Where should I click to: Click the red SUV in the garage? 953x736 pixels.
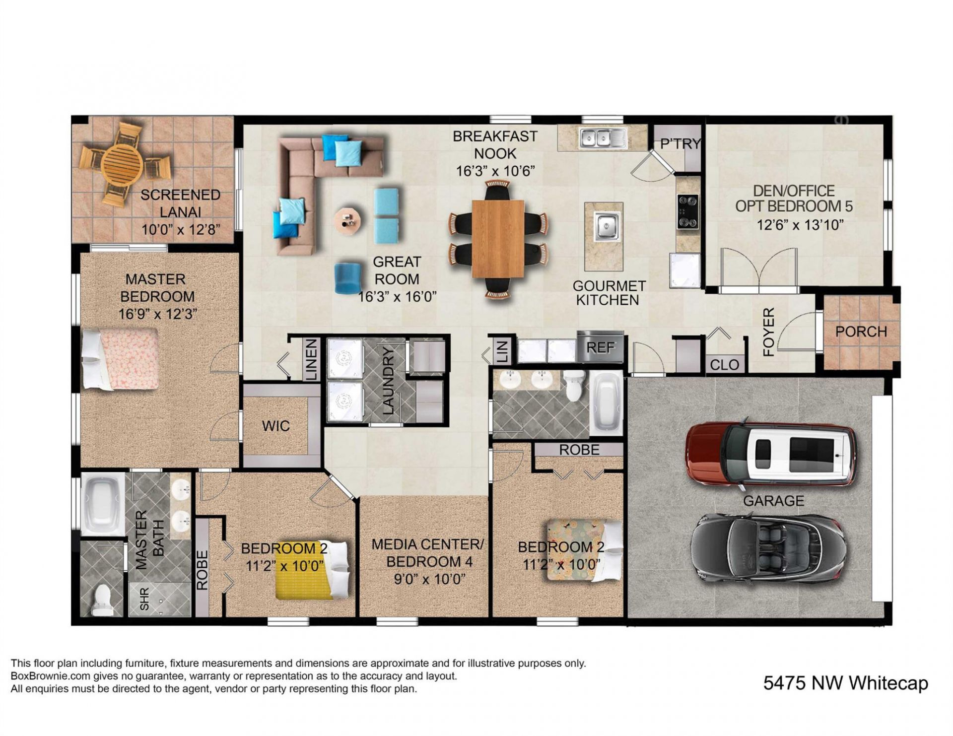771,454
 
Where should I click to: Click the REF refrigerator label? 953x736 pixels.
601,347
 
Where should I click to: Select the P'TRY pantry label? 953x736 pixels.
680,144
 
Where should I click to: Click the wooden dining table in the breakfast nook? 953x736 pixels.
498,239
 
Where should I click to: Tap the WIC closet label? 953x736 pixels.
276,426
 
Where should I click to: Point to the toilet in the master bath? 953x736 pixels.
103,598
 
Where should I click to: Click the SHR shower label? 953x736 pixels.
144,600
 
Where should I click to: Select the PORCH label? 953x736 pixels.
861,332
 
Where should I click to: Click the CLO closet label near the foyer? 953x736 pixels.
724,365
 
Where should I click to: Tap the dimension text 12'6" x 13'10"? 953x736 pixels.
800,225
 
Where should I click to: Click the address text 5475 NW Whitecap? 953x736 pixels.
845,683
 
